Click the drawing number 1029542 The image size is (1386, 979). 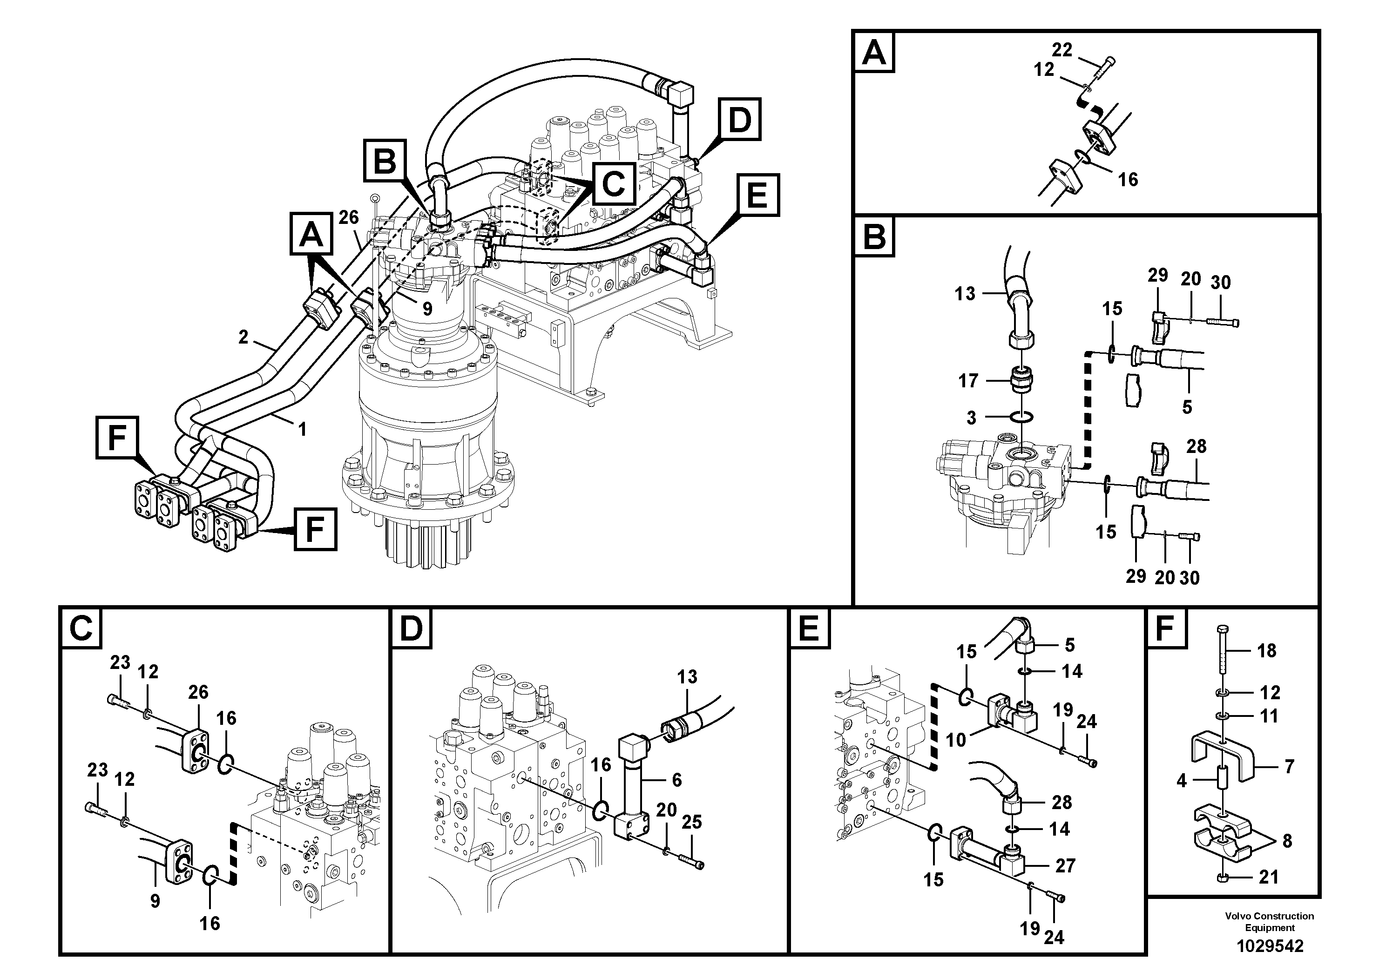point(1270,946)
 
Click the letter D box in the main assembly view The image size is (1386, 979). point(739,120)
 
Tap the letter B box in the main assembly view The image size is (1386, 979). point(385,161)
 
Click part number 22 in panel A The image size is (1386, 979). point(1062,50)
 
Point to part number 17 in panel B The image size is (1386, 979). point(968,381)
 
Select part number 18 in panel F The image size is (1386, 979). point(1266,651)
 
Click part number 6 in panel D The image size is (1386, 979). point(676,780)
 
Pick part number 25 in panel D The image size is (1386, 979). point(692,822)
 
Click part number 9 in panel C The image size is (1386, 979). point(155,901)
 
